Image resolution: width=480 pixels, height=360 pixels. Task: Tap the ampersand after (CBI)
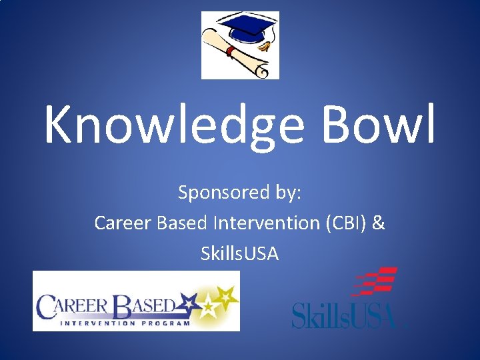tap(379, 223)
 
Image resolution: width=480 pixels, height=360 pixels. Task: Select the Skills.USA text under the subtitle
tap(239, 253)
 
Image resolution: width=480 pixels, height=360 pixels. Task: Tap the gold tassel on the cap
tap(266, 46)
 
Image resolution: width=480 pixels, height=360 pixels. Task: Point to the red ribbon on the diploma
tap(230, 51)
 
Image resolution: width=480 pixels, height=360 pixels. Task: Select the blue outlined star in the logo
tap(194, 304)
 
